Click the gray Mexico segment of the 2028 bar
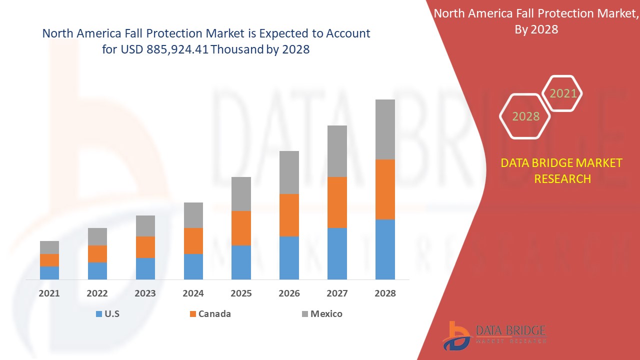point(385,129)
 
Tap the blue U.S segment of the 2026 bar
point(289,257)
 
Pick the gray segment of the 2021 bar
point(49,247)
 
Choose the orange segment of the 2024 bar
point(193,241)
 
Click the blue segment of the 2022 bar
point(97,270)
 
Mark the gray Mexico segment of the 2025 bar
point(241,194)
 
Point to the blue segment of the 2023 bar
point(145,268)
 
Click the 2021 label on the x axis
point(49,293)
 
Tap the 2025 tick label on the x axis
point(241,293)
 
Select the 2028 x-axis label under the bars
point(385,293)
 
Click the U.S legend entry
point(107,314)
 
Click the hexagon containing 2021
point(563,93)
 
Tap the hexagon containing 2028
point(525,116)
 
